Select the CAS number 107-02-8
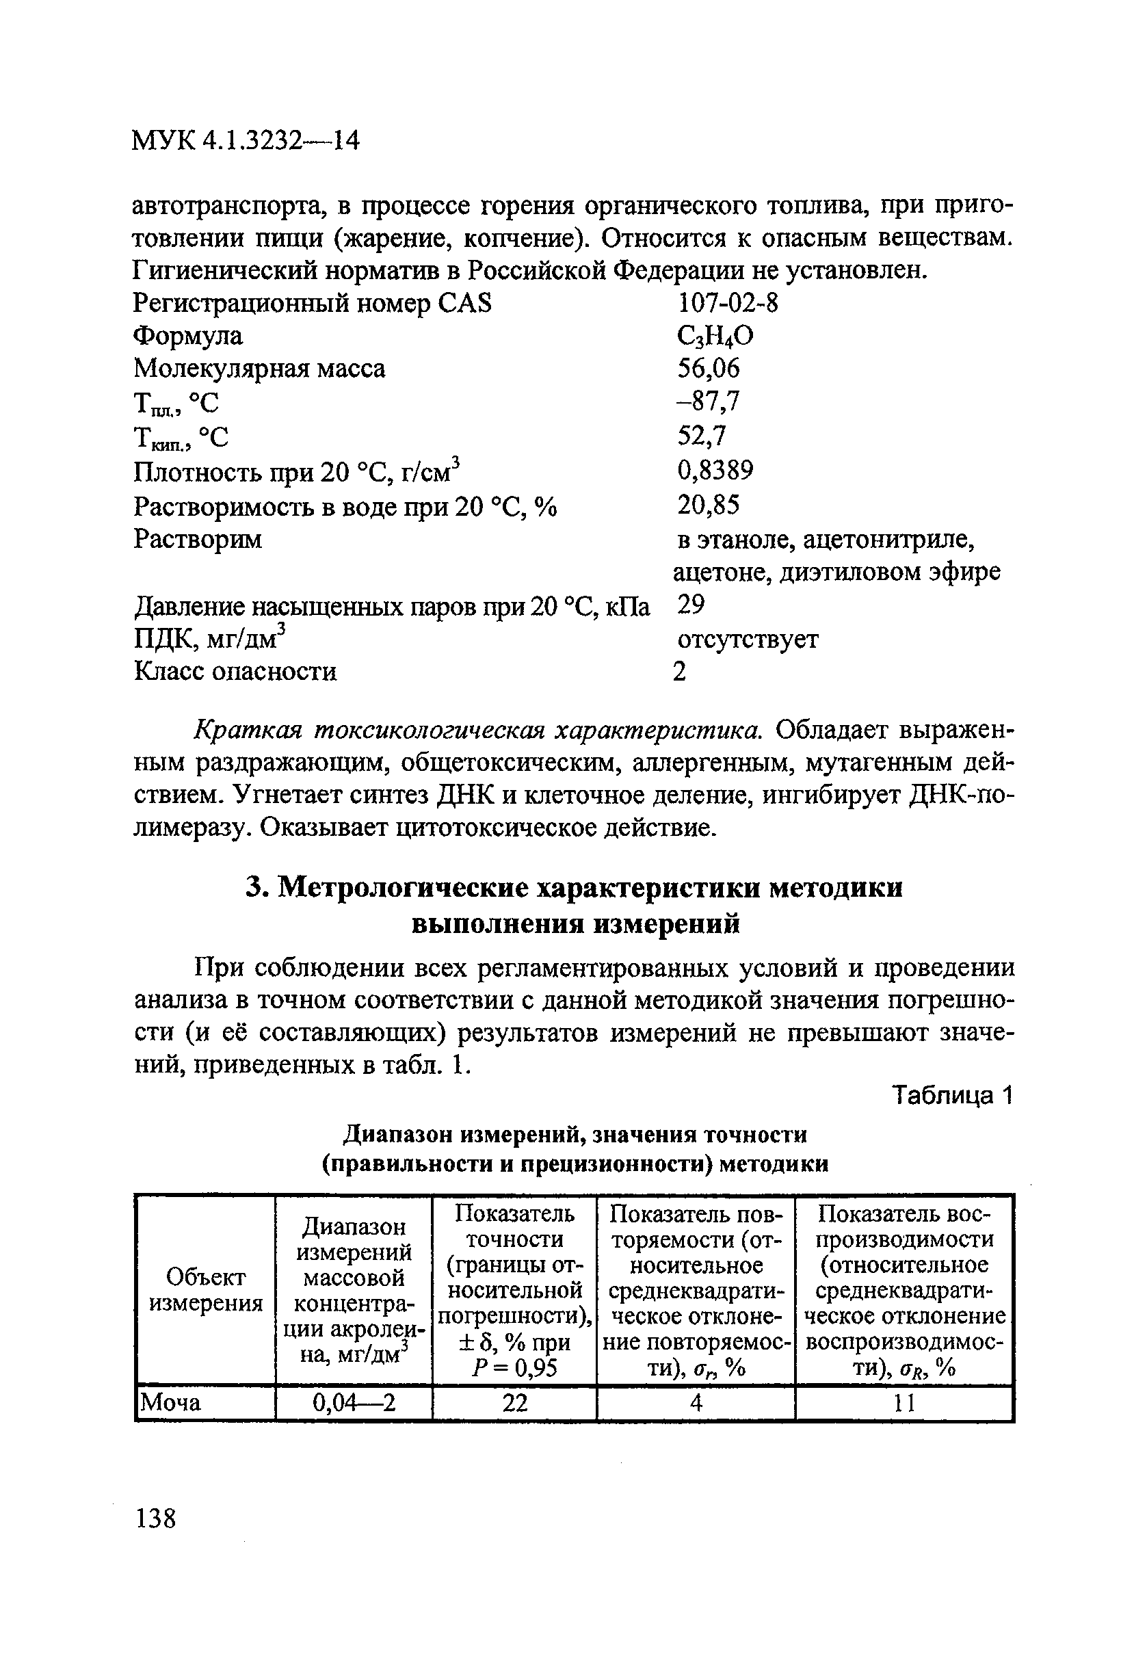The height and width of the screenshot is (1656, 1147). [x=726, y=303]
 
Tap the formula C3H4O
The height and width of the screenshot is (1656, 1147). [x=715, y=337]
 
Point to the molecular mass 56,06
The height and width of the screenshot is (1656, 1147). [x=708, y=369]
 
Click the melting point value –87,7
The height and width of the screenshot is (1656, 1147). [x=707, y=401]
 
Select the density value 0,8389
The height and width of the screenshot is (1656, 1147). [x=715, y=470]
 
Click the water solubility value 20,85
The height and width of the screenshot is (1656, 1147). [x=708, y=505]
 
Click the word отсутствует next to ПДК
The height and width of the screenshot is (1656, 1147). [x=748, y=638]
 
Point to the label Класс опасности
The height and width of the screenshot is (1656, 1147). [x=236, y=671]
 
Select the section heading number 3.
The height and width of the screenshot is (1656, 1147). [x=257, y=889]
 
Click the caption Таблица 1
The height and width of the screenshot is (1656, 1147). [x=951, y=1096]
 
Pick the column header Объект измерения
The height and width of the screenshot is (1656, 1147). [x=206, y=1290]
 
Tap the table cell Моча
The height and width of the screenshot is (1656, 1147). [x=170, y=1402]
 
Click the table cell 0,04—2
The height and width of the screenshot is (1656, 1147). [x=354, y=1402]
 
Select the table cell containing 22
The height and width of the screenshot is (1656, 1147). [x=514, y=1402]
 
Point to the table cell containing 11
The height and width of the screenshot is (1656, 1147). [x=904, y=1402]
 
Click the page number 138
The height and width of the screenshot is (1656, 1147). [x=155, y=1519]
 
